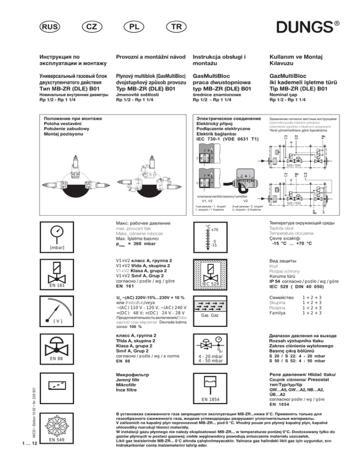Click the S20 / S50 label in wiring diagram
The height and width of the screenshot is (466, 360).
tap(294, 166)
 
